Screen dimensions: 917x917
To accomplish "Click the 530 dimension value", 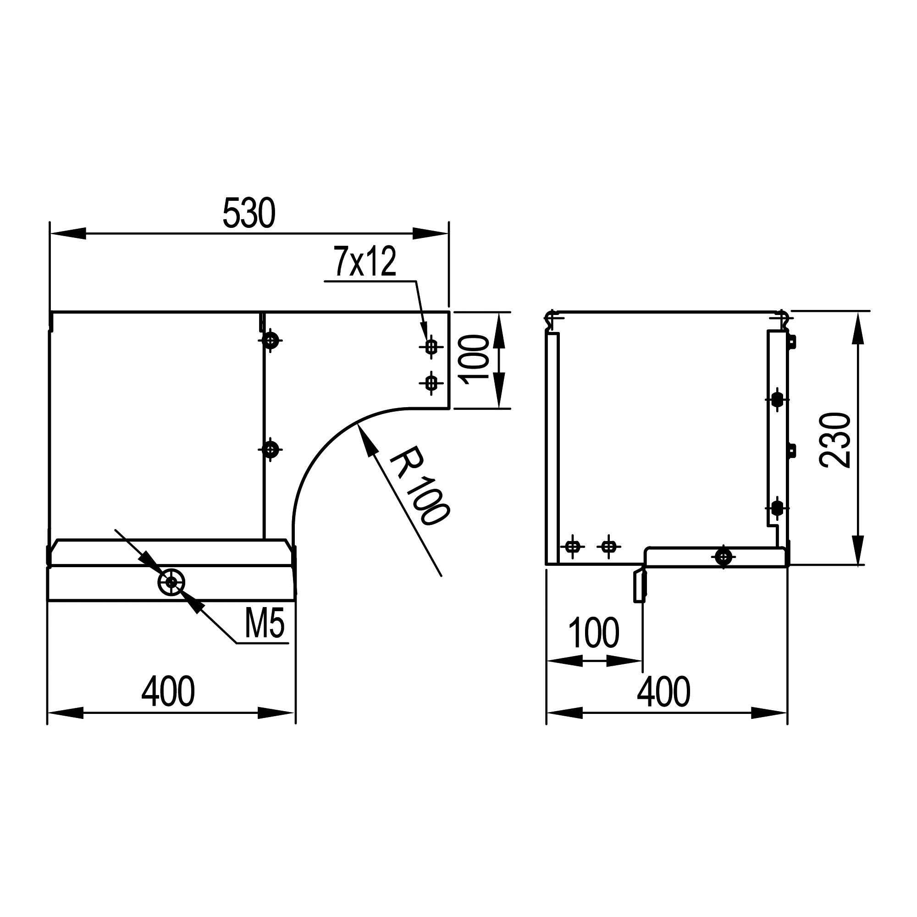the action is (249, 213).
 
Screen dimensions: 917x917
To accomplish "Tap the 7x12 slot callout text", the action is (365, 261).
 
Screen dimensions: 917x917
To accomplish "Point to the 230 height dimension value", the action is (835, 440).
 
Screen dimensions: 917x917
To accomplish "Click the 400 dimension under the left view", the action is (168, 691).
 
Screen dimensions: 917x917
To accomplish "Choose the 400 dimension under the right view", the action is (663, 692).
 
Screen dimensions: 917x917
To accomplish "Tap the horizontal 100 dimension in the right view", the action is (593, 633).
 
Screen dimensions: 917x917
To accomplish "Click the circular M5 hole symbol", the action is (171, 581).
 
